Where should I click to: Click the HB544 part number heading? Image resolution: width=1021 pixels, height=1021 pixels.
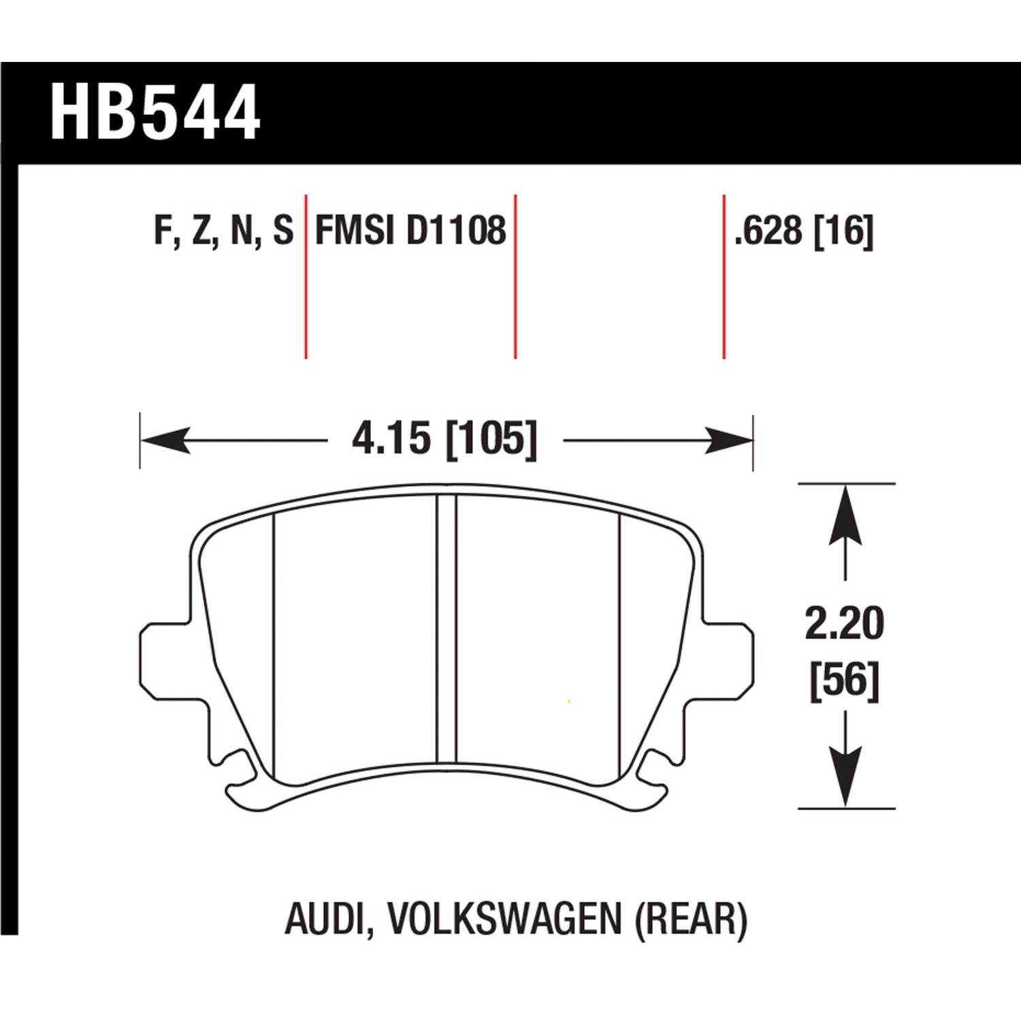(155, 113)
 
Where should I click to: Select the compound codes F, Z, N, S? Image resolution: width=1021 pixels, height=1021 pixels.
(223, 230)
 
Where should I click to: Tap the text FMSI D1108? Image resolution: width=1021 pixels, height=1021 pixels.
(410, 230)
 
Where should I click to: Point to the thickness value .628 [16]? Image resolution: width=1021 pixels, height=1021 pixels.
(803, 231)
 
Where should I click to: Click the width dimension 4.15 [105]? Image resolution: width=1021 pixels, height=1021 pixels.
(444, 439)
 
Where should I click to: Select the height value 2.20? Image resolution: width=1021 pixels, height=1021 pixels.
(844, 623)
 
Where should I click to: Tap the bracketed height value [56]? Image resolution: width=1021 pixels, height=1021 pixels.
(844, 680)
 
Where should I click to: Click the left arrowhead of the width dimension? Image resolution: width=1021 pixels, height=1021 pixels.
(163, 440)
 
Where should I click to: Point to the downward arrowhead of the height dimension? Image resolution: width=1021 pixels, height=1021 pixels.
(845, 776)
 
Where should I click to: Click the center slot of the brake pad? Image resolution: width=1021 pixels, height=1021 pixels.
(446, 630)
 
